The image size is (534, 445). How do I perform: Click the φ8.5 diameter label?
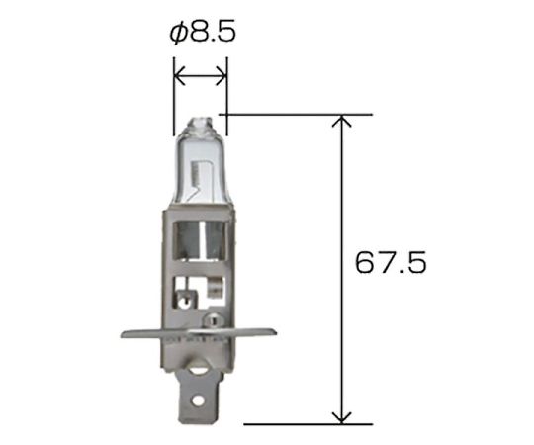(x=203, y=33)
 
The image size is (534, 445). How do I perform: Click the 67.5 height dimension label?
(x=391, y=262)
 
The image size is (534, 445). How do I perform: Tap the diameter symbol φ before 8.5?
(x=178, y=34)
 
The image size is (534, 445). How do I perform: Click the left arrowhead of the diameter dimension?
(x=179, y=75)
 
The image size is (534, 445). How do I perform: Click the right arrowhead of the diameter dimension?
(x=221, y=75)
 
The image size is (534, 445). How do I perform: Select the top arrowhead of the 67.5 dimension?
(x=341, y=121)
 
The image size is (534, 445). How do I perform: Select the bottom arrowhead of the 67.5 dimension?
(x=341, y=418)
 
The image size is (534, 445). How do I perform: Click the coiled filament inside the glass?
(x=197, y=172)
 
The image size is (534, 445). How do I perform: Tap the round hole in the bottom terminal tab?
(x=197, y=400)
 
